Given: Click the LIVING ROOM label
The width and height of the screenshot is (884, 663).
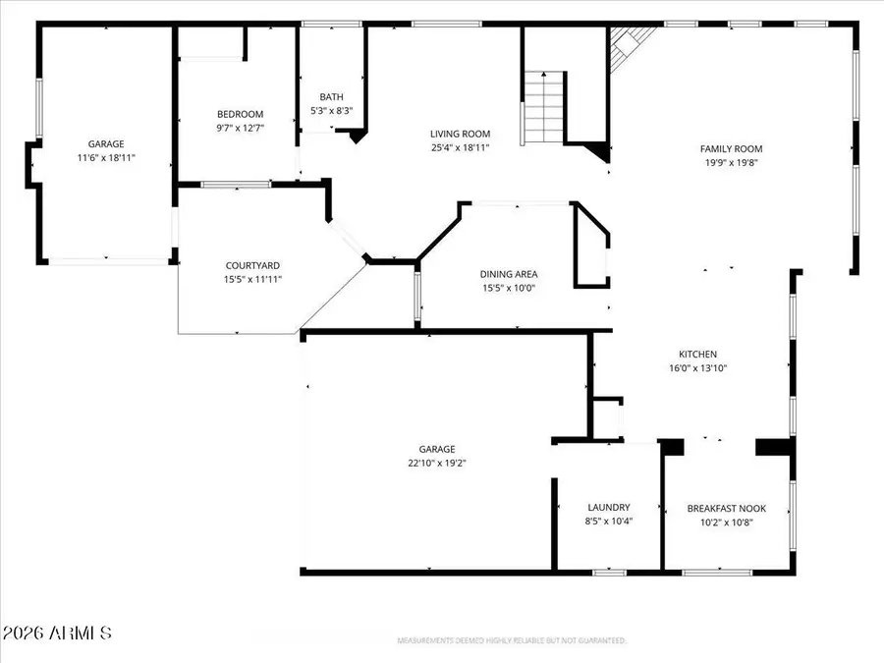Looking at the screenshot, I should click(x=460, y=135).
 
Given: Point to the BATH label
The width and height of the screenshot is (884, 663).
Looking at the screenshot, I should click(x=331, y=97).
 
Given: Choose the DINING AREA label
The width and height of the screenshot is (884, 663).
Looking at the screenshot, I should click(x=509, y=274).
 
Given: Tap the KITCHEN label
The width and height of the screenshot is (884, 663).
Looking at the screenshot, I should click(x=698, y=355).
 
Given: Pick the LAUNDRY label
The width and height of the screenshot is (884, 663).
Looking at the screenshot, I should click(x=609, y=508).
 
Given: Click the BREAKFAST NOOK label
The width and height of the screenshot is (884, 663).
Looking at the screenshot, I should click(x=727, y=509).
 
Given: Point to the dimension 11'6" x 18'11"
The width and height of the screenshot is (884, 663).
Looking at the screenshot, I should click(x=105, y=157).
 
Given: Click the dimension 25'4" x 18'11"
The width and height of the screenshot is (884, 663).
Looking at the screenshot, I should click(x=460, y=147).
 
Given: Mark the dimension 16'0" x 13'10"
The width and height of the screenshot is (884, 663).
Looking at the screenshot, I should click(x=698, y=368).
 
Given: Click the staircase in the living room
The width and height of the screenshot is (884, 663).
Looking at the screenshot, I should click(x=543, y=107).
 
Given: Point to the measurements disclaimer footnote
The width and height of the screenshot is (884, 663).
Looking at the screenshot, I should click(x=511, y=640).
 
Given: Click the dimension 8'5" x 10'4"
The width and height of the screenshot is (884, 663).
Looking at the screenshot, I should click(x=609, y=522).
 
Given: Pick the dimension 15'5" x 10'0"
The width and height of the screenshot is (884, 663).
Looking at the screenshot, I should click(x=509, y=288).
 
